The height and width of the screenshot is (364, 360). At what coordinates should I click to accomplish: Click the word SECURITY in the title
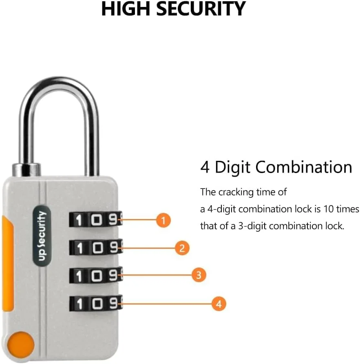[201, 9]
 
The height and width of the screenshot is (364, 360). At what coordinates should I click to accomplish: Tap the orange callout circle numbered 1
[163, 220]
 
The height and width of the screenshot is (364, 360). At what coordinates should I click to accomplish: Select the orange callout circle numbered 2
[182, 248]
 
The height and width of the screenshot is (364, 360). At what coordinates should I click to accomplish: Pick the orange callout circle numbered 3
[199, 275]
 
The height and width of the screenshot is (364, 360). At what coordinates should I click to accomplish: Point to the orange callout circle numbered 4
[219, 304]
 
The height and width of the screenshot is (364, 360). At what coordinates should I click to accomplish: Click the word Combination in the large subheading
[304, 167]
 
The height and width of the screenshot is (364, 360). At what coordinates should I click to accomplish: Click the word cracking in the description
[236, 193]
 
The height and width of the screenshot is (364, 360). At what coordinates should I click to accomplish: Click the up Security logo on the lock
[42, 235]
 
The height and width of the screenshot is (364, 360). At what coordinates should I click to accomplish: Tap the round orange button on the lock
[21, 345]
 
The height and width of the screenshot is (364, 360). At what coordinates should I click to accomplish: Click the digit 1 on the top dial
[79, 219]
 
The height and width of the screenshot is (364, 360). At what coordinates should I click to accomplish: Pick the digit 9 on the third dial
[113, 276]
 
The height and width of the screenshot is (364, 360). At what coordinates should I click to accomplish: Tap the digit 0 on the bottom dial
[97, 303]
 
